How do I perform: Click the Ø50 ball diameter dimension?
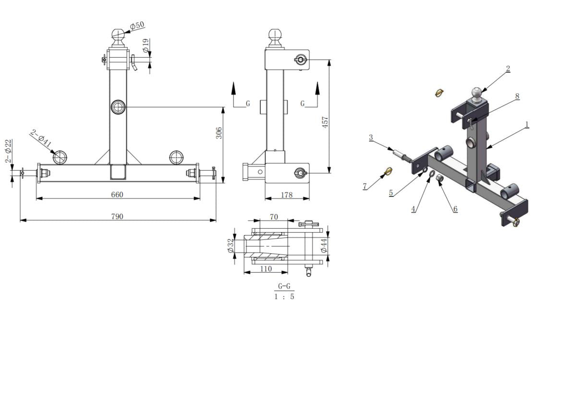(137, 25)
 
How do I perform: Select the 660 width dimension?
(117, 195)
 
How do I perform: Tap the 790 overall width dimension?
(117, 216)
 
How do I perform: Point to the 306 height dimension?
(219, 133)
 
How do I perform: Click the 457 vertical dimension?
(325, 122)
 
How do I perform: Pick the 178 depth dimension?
(287, 195)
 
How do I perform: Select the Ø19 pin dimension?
(146, 46)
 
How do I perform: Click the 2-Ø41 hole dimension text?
(40, 138)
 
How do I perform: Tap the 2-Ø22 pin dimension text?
(8, 151)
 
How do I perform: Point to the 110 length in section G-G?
(266, 269)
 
